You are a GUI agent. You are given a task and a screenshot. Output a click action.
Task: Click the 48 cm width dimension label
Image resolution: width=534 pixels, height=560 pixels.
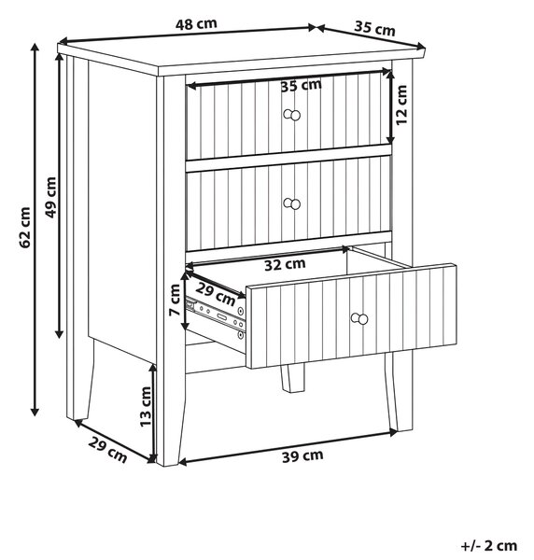click(x=196, y=24)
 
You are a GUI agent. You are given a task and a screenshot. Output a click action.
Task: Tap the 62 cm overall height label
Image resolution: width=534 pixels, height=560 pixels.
click(x=25, y=227)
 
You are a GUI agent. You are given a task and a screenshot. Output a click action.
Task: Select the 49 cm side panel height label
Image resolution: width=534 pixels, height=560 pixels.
click(x=50, y=197)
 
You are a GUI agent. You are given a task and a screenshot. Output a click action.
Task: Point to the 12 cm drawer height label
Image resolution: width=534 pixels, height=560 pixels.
click(x=401, y=105)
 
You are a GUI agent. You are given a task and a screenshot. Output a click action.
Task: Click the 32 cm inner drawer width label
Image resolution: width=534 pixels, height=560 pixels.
click(x=285, y=264)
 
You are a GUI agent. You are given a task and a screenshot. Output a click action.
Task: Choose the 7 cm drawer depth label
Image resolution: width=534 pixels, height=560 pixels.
click(x=175, y=300)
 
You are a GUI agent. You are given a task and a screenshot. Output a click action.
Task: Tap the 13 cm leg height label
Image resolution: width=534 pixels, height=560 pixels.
click(x=146, y=406)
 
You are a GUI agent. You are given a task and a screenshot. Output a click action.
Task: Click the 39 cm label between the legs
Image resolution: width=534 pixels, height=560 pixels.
click(x=302, y=456)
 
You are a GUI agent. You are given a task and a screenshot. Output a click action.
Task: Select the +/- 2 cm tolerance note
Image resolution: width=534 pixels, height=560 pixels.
click(x=489, y=546)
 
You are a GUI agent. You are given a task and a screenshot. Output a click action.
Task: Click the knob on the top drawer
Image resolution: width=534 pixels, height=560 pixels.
click(x=292, y=115)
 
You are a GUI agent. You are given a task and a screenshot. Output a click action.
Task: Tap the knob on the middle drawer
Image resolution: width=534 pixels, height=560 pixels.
click(x=292, y=203)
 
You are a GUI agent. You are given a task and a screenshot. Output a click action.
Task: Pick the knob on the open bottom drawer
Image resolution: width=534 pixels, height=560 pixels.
click(x=359, y=318)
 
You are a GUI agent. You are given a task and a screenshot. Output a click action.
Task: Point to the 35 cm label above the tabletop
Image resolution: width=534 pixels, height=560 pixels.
click(x=374, y=29)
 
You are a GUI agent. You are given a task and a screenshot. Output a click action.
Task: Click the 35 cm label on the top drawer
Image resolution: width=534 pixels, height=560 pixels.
click(x=302, y=86)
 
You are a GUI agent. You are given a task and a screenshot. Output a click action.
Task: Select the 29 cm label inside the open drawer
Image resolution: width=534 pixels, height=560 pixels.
click(x=216, y=295)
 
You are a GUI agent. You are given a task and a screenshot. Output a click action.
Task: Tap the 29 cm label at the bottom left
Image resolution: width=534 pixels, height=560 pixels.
click(x=107, y=449)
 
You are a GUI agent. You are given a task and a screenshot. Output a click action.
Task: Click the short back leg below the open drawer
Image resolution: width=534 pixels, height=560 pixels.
click(x=292, y=378)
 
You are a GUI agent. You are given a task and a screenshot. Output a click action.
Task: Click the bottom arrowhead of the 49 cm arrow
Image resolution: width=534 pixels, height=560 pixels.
click(x=60, y=334)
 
